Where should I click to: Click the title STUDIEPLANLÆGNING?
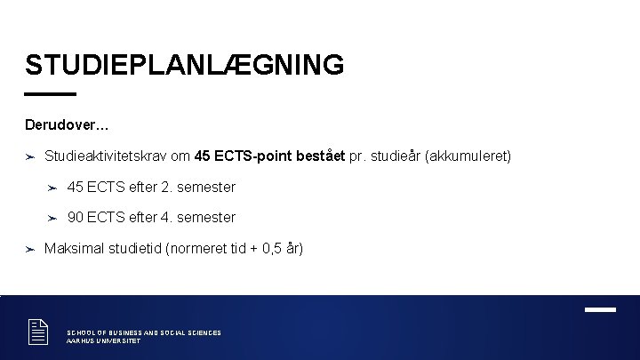(x=184, y=65)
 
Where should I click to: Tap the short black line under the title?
(x=51, y=93)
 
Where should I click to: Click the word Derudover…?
(x=68, y=124)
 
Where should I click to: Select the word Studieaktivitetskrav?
(x=105, y=156)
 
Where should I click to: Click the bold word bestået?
(x=323, y=156)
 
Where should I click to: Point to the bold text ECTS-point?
(x=256, y=156)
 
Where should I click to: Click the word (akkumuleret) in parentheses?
(x=468, y=156)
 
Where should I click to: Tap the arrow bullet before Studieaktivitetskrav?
(x=29, y=156)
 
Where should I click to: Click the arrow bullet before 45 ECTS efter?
(x=52, y=188)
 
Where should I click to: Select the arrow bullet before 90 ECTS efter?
(x=52, y=218)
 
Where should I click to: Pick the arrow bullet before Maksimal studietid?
(x=29, y=249)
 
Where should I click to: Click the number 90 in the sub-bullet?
(x=76, y=217)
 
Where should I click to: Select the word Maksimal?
(x=73, y=248)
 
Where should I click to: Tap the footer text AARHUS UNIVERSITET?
(x=104, y=341)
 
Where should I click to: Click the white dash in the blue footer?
(x=600, y=309)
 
